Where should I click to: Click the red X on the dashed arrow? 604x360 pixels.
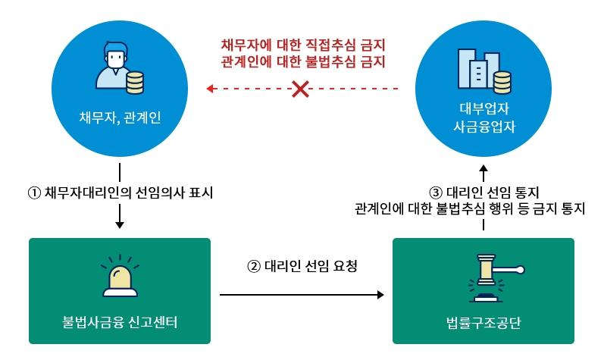pos(301,89)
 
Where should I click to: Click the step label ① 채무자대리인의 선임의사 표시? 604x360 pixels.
pos(120,193)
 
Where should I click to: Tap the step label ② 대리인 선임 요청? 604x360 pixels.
pos(302,266)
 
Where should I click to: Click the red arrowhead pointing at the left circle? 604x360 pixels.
pos(210,89)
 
